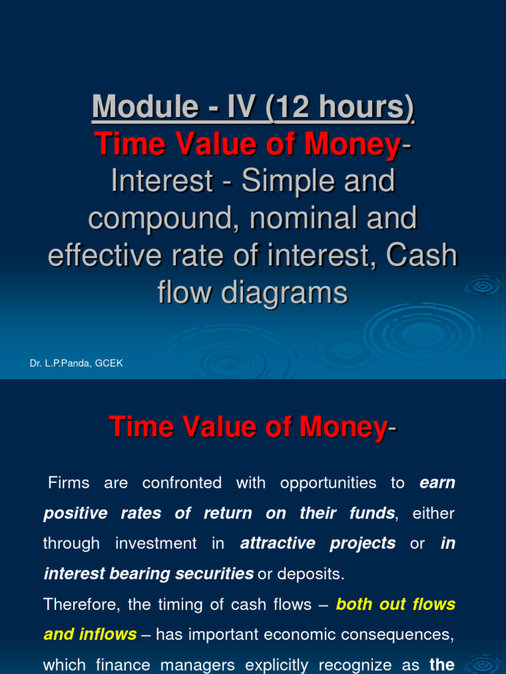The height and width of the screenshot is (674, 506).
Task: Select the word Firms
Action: click(x=69, y=483)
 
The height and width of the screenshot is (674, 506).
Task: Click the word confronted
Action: click(x=181, y=483)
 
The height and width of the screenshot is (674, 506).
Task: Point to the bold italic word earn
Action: click(x=437, y=483)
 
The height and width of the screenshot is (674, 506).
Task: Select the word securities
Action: click(x=212, y=574)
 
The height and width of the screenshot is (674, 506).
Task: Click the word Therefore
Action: click(x=79, y=604)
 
